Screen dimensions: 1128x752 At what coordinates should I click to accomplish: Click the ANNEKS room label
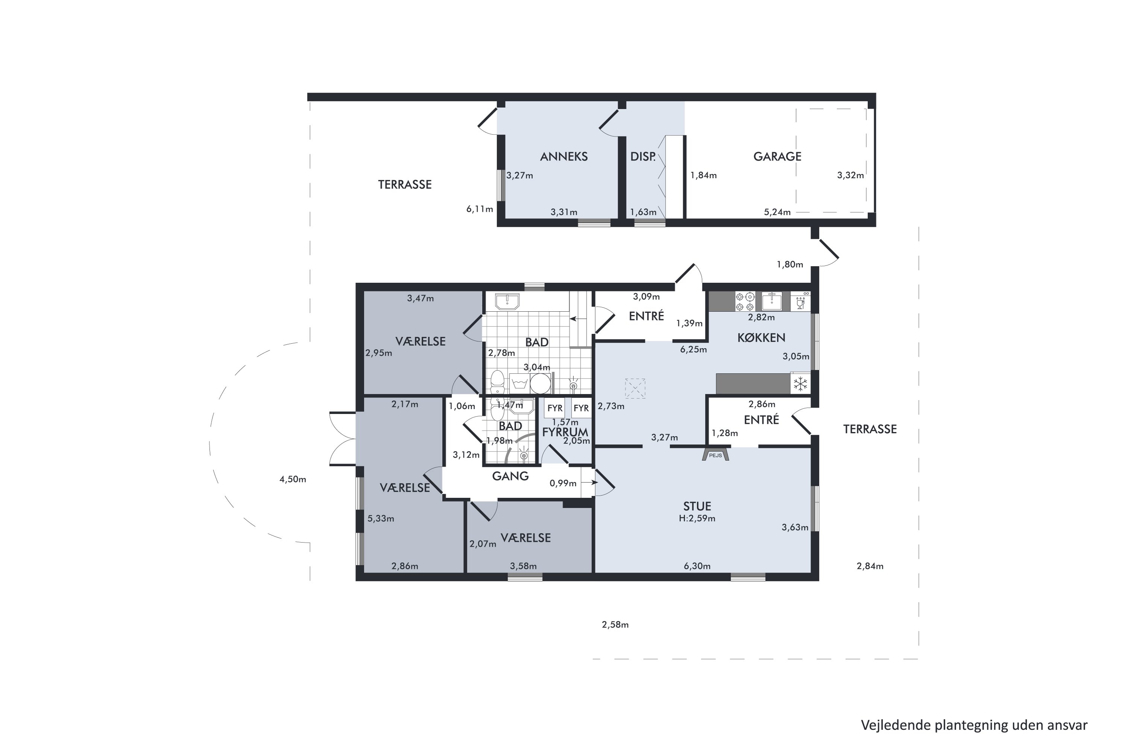point(564,156)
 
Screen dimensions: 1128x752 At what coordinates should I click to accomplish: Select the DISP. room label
point(643,156)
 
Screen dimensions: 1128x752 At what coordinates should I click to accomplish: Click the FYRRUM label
point(565,432)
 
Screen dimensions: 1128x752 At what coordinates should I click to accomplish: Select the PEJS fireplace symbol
point(716,454)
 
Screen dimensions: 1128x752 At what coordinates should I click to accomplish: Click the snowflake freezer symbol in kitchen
point(800,384)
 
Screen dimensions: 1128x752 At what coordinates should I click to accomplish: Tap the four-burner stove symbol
point(745,302)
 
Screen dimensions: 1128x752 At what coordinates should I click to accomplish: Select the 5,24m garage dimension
point(777,212)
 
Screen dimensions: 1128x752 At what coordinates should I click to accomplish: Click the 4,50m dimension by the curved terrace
point(293,479)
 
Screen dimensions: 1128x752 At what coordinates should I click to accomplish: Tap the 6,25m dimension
point(693,350)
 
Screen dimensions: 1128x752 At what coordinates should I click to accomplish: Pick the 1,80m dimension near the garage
point(790,264)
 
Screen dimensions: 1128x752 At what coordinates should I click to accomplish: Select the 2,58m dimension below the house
point(615,625)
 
